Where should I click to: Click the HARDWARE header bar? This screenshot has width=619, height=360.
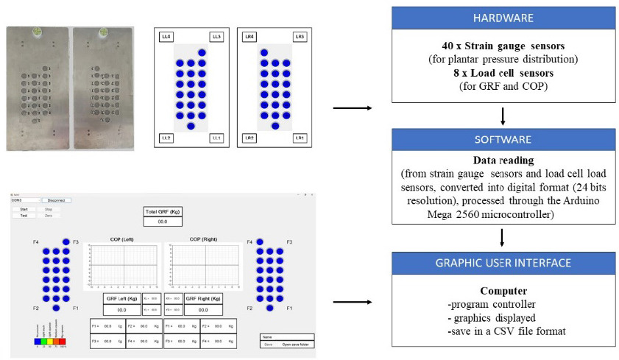503,18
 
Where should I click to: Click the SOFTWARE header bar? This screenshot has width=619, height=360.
503,140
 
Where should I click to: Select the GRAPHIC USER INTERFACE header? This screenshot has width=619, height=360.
503,262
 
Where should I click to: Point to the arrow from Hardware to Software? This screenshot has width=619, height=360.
503,116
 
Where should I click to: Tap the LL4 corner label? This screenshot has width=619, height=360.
166,36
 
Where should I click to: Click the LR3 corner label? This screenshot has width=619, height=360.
299,36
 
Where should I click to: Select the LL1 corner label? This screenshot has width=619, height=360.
216,138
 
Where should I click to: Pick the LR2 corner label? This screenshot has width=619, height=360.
250,138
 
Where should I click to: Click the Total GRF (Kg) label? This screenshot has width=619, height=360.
163,211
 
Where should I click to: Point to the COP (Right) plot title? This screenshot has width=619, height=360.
203,239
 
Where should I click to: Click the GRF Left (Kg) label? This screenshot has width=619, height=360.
122,298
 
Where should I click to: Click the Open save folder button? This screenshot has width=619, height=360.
294,344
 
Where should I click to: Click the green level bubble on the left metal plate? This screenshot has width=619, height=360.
35,32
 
